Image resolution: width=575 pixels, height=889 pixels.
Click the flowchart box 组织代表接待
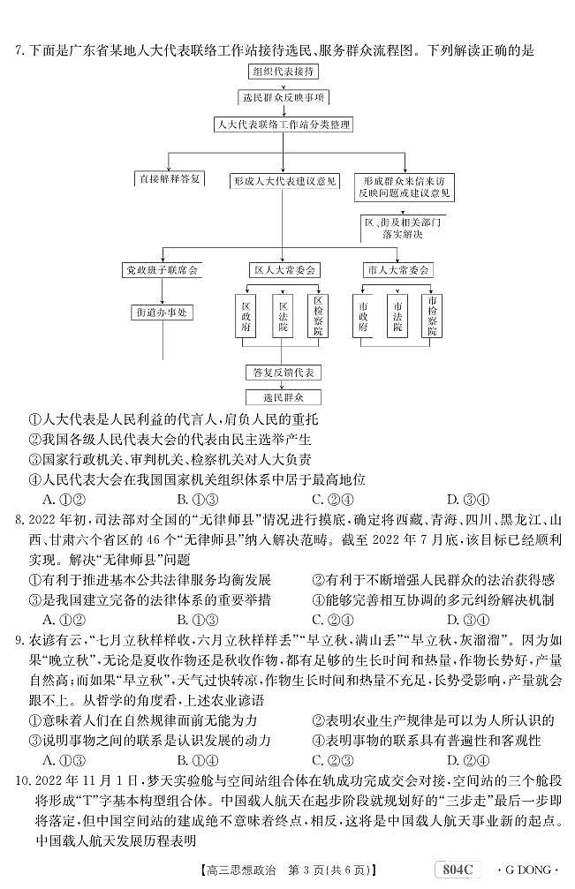(285, 72)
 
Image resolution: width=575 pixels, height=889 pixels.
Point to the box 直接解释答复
(170, 179)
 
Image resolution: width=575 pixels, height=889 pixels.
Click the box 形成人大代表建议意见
(284, 181)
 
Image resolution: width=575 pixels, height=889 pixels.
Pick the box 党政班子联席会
(161, 269)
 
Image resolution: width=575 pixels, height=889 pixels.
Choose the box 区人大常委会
(284, 269)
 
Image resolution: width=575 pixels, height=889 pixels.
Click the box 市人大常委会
(398, 269)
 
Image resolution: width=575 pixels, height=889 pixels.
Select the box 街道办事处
(161, 313)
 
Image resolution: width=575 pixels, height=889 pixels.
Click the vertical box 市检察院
(433, 314)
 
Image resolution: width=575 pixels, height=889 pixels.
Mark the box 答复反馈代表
(284, 373)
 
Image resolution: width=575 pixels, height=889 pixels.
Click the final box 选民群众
(284, 397)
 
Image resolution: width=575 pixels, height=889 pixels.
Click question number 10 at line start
(24, 781)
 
